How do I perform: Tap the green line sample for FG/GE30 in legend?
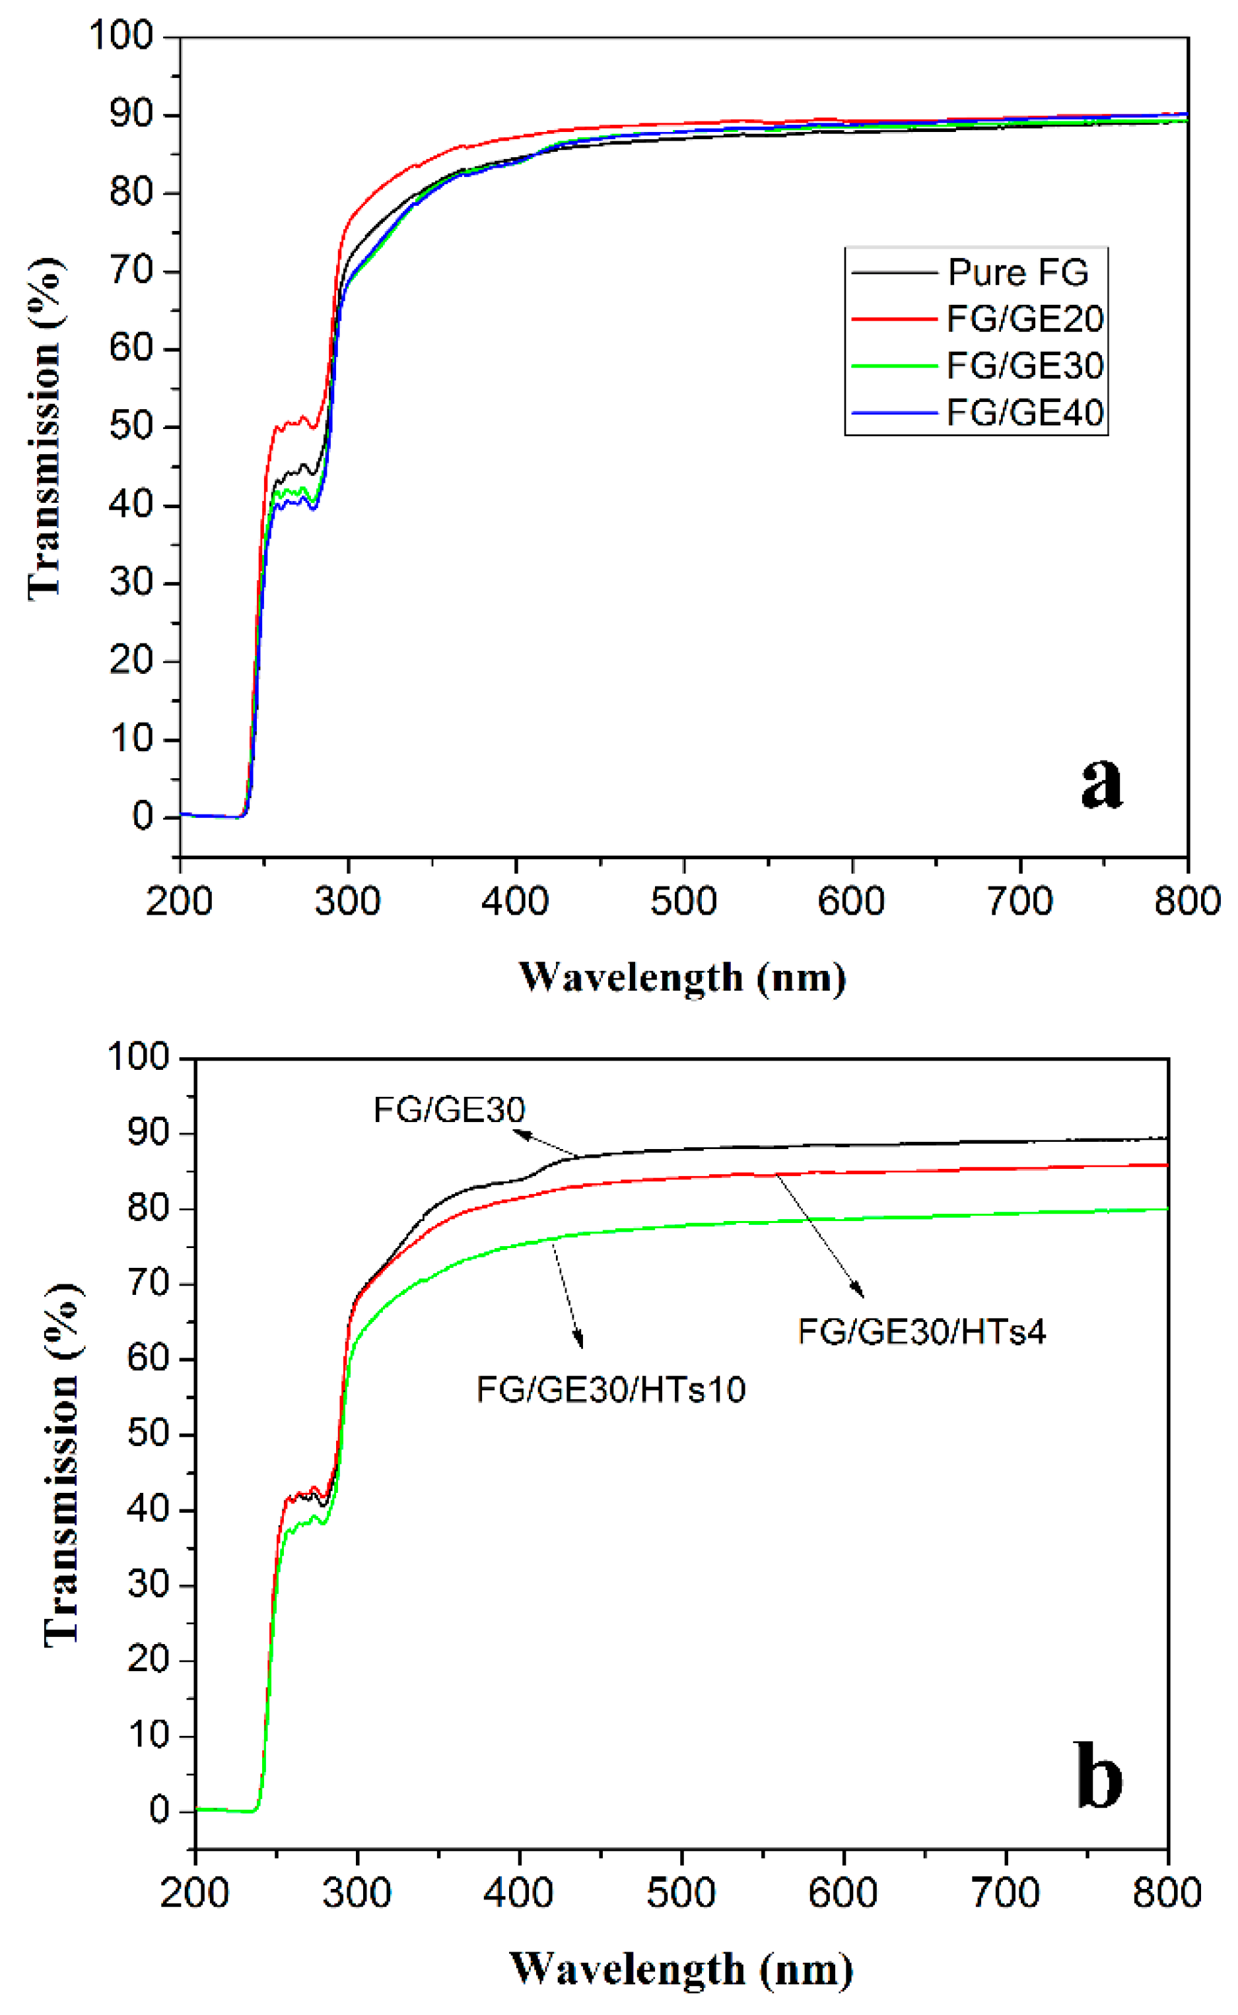[x=893, y=366]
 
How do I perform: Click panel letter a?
[x=1101, y=782]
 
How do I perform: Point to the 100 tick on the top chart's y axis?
[x=121, y=36]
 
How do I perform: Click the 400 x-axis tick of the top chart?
[x=515, y=901]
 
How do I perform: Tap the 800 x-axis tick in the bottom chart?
[x=1166, y=1892]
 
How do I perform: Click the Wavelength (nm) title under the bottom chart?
[x=681, y=1969]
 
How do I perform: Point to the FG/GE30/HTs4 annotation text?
[x=922, y=1332]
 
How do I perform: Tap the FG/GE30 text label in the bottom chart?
[x=449, y=1110]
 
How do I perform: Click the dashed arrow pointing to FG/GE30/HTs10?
[x=568, y=1293]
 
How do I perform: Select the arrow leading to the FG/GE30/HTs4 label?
[x=819, y=1236]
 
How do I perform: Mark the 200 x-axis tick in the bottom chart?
[x=194, y=1892]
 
